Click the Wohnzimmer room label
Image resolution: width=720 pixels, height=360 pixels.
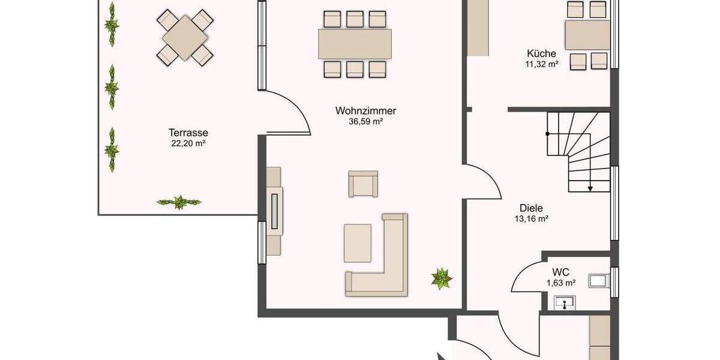(365, 110)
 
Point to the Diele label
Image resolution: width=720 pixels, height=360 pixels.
(531, 208)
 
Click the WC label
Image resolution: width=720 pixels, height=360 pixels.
(561, 272)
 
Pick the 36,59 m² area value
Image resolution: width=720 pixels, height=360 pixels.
(365, 121)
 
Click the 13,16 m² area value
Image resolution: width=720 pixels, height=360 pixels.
(531, 219)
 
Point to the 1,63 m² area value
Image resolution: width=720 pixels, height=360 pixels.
(561, 282)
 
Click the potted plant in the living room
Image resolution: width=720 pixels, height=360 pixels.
(442, 278)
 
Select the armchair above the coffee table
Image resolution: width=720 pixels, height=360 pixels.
(364, 184)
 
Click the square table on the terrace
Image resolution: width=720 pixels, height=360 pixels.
(185, 36)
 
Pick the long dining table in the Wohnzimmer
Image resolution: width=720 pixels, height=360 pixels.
(355, 44)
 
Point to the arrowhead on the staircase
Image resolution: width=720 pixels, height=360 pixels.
(590, 188)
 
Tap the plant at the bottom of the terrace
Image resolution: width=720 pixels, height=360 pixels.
(179, 202)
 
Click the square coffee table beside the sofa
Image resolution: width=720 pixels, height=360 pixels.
(358, 242)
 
